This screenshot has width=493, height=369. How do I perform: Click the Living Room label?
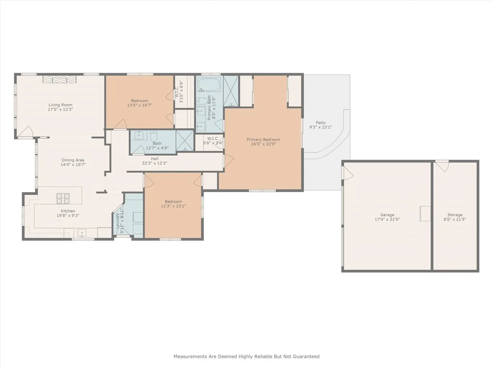[x=60, y=105]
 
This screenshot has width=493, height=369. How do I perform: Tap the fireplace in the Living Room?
[x=59, y=79]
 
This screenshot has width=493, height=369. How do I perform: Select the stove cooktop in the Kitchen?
[x=63, y=198]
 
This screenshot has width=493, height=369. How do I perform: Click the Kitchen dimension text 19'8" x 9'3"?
[x=68, y=216]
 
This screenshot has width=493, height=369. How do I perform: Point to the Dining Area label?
[x=73, y=160]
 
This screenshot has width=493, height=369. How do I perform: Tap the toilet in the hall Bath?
[x=154, y=136]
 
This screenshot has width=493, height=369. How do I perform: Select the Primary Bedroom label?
[x=263, y=140]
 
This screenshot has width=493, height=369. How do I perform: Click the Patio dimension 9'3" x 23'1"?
[x=321, y=127]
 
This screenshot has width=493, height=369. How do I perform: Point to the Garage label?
[x=387, y=215]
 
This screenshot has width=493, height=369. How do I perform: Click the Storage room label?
[x=455, y=215]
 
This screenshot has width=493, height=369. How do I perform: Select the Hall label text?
[x=155, y=159]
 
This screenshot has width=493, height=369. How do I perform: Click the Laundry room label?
[x=117, y=221]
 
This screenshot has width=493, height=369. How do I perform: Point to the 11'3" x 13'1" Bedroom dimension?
[x=173, y=206]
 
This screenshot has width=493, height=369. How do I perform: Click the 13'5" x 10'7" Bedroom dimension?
[x=140, y=105]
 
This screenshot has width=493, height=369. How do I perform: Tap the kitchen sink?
[x=82, y=233]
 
